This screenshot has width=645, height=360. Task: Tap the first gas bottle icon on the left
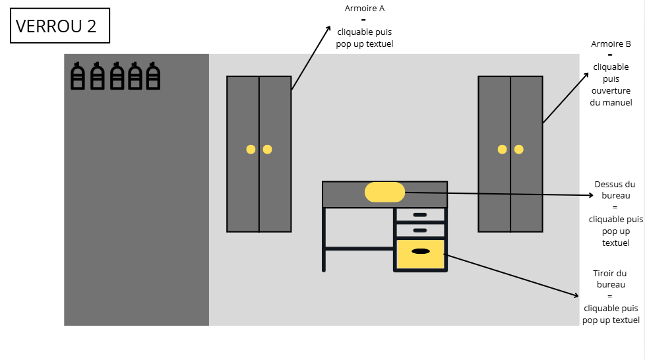[x=77, y=76]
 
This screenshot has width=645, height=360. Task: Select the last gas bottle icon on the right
[x=154, y=76]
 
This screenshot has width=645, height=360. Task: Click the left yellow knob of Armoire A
[x=251, y=149]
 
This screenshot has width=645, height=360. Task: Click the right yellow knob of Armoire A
[x=267, y=149]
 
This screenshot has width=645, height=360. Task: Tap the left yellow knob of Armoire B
[x=502, y=149]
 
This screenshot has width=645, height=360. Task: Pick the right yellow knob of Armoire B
[x=519, y=149]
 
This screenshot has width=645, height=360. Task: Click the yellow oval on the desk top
[x=384, y=192]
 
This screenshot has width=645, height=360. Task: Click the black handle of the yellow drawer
[x=420, y=251]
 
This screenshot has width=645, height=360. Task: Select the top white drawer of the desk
[x=420, y=215]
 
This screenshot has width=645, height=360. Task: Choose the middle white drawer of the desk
[x=420, y=230]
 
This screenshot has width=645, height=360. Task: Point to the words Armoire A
[x=365, y=9]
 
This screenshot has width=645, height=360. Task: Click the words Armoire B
[x=611, y=44]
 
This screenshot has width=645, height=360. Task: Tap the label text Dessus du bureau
[x=615, y=190]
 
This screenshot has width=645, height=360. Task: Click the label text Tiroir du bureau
[x=611, y=279]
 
